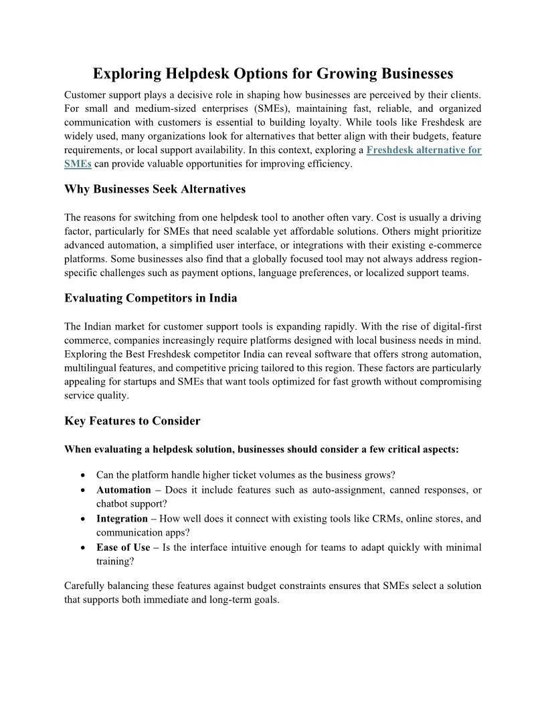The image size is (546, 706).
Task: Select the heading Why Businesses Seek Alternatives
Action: [x=155, y=189]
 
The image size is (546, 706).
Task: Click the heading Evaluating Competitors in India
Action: [x=151, y=298]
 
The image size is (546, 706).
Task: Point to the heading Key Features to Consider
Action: [x=132, y=421]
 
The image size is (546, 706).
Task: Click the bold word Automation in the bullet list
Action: [x=124, y=490]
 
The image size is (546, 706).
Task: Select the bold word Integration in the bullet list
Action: [x=122, y=519]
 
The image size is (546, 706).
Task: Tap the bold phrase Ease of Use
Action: [x=123, y=548]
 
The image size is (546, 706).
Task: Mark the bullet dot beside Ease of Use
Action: [x=81, y=548]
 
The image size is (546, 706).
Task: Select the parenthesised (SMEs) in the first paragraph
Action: [x=266, y=108]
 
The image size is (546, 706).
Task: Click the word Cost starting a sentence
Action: [x=389, y=218]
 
